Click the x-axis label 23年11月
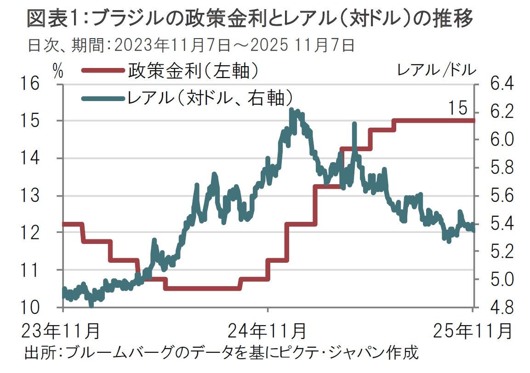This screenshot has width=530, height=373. point(62,330)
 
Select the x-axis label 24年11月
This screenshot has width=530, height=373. point(268,330)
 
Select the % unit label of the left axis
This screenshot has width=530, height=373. point(58,70)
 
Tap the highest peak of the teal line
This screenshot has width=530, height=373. point(291,110)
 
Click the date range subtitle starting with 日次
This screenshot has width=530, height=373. point(191,45)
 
